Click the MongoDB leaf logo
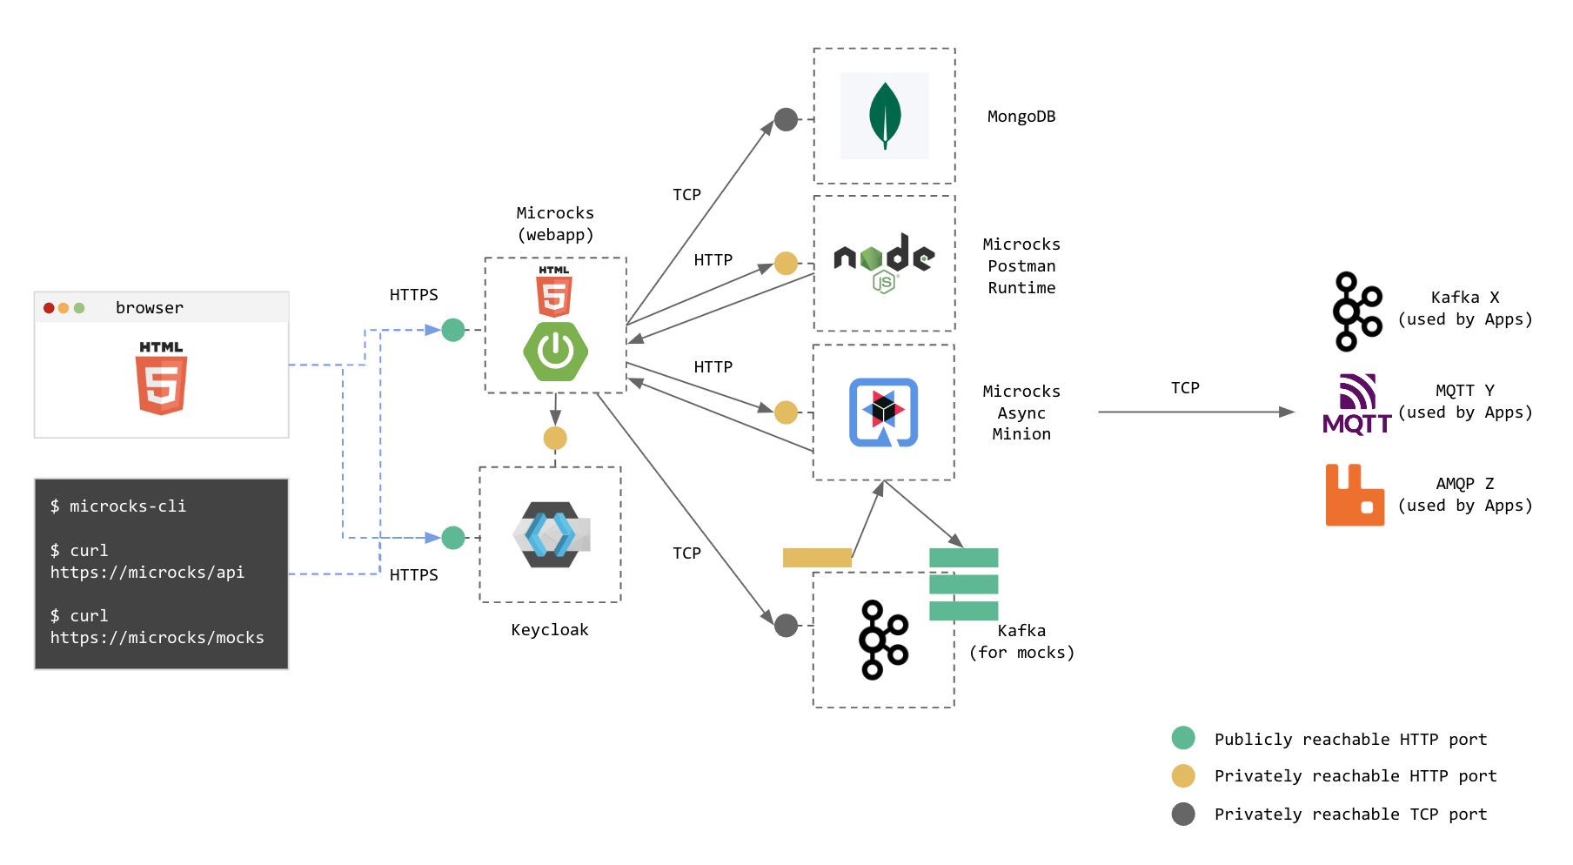click(885, 116)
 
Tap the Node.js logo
click(884, 262)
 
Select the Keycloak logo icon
click(552, 534)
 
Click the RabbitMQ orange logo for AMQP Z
click(1355, 495)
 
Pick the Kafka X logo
click(1357, 312)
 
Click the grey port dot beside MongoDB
click(786, 119)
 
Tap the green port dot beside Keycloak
click(453, 538)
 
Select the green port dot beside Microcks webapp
click(453, 330)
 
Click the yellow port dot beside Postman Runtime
click(786, 263)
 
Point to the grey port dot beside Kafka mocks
click(786, 625)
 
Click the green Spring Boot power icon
click(555, 352)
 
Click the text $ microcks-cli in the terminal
click(118, 506)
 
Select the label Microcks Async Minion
click(1021, 412)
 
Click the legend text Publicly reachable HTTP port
click(1350, 740)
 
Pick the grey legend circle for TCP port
click(1183, 814)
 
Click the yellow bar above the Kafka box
click(817, 558)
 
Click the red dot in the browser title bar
click(49, 308)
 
